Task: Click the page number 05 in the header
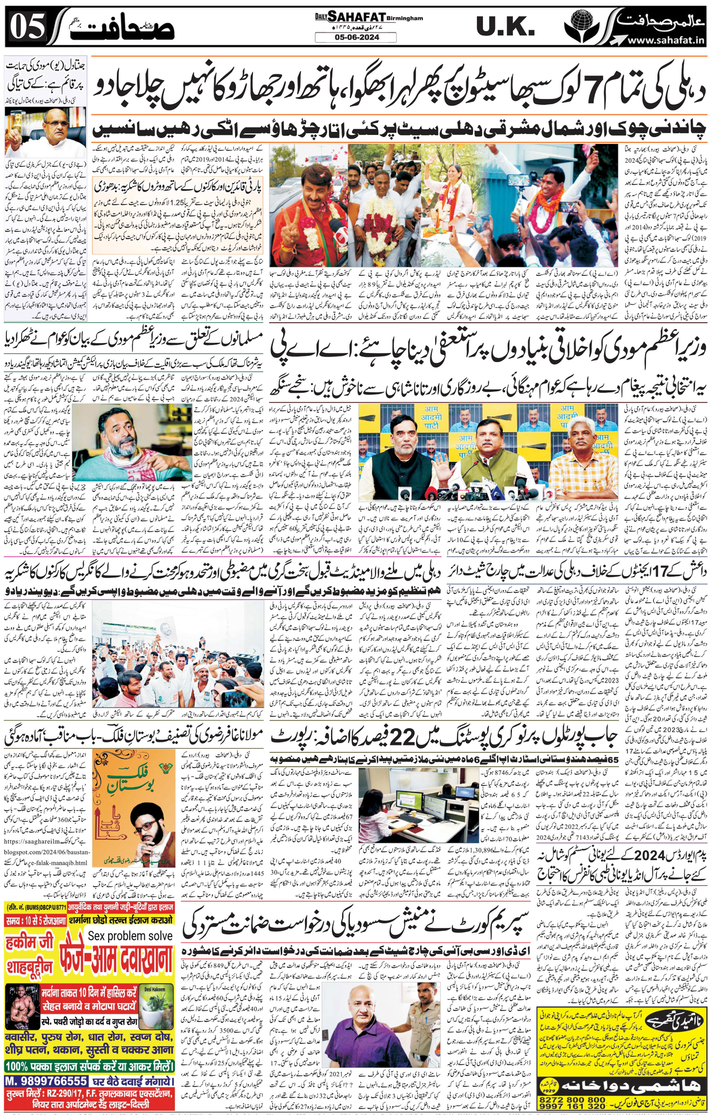(x=27, y=27)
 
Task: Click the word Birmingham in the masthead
(x=406, y=18)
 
